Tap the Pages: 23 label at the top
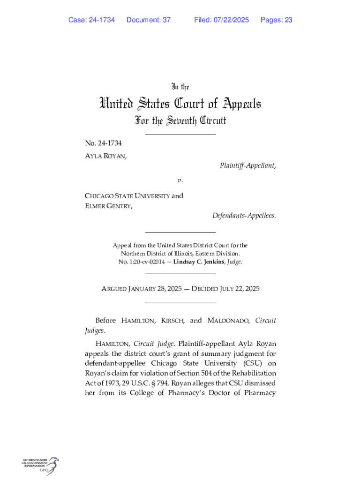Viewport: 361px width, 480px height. [x=276, y=20]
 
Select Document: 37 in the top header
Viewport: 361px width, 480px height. [x=148, y=20]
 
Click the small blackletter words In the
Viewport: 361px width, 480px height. [x=180, y=87]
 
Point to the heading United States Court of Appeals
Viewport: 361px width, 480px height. [x=180, y=104]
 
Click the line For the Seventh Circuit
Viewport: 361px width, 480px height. [x=180, y=121]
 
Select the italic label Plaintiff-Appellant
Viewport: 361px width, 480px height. [x=247, y=165]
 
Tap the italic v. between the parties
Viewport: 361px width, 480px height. [x=180, y=180]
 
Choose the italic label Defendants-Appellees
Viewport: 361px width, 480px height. [x=244, y=216]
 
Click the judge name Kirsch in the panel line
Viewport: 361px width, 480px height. [x=173, y=321]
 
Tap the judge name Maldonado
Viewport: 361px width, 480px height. [x=228, y=321]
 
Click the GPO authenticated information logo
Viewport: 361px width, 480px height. [x=40, y=466]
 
